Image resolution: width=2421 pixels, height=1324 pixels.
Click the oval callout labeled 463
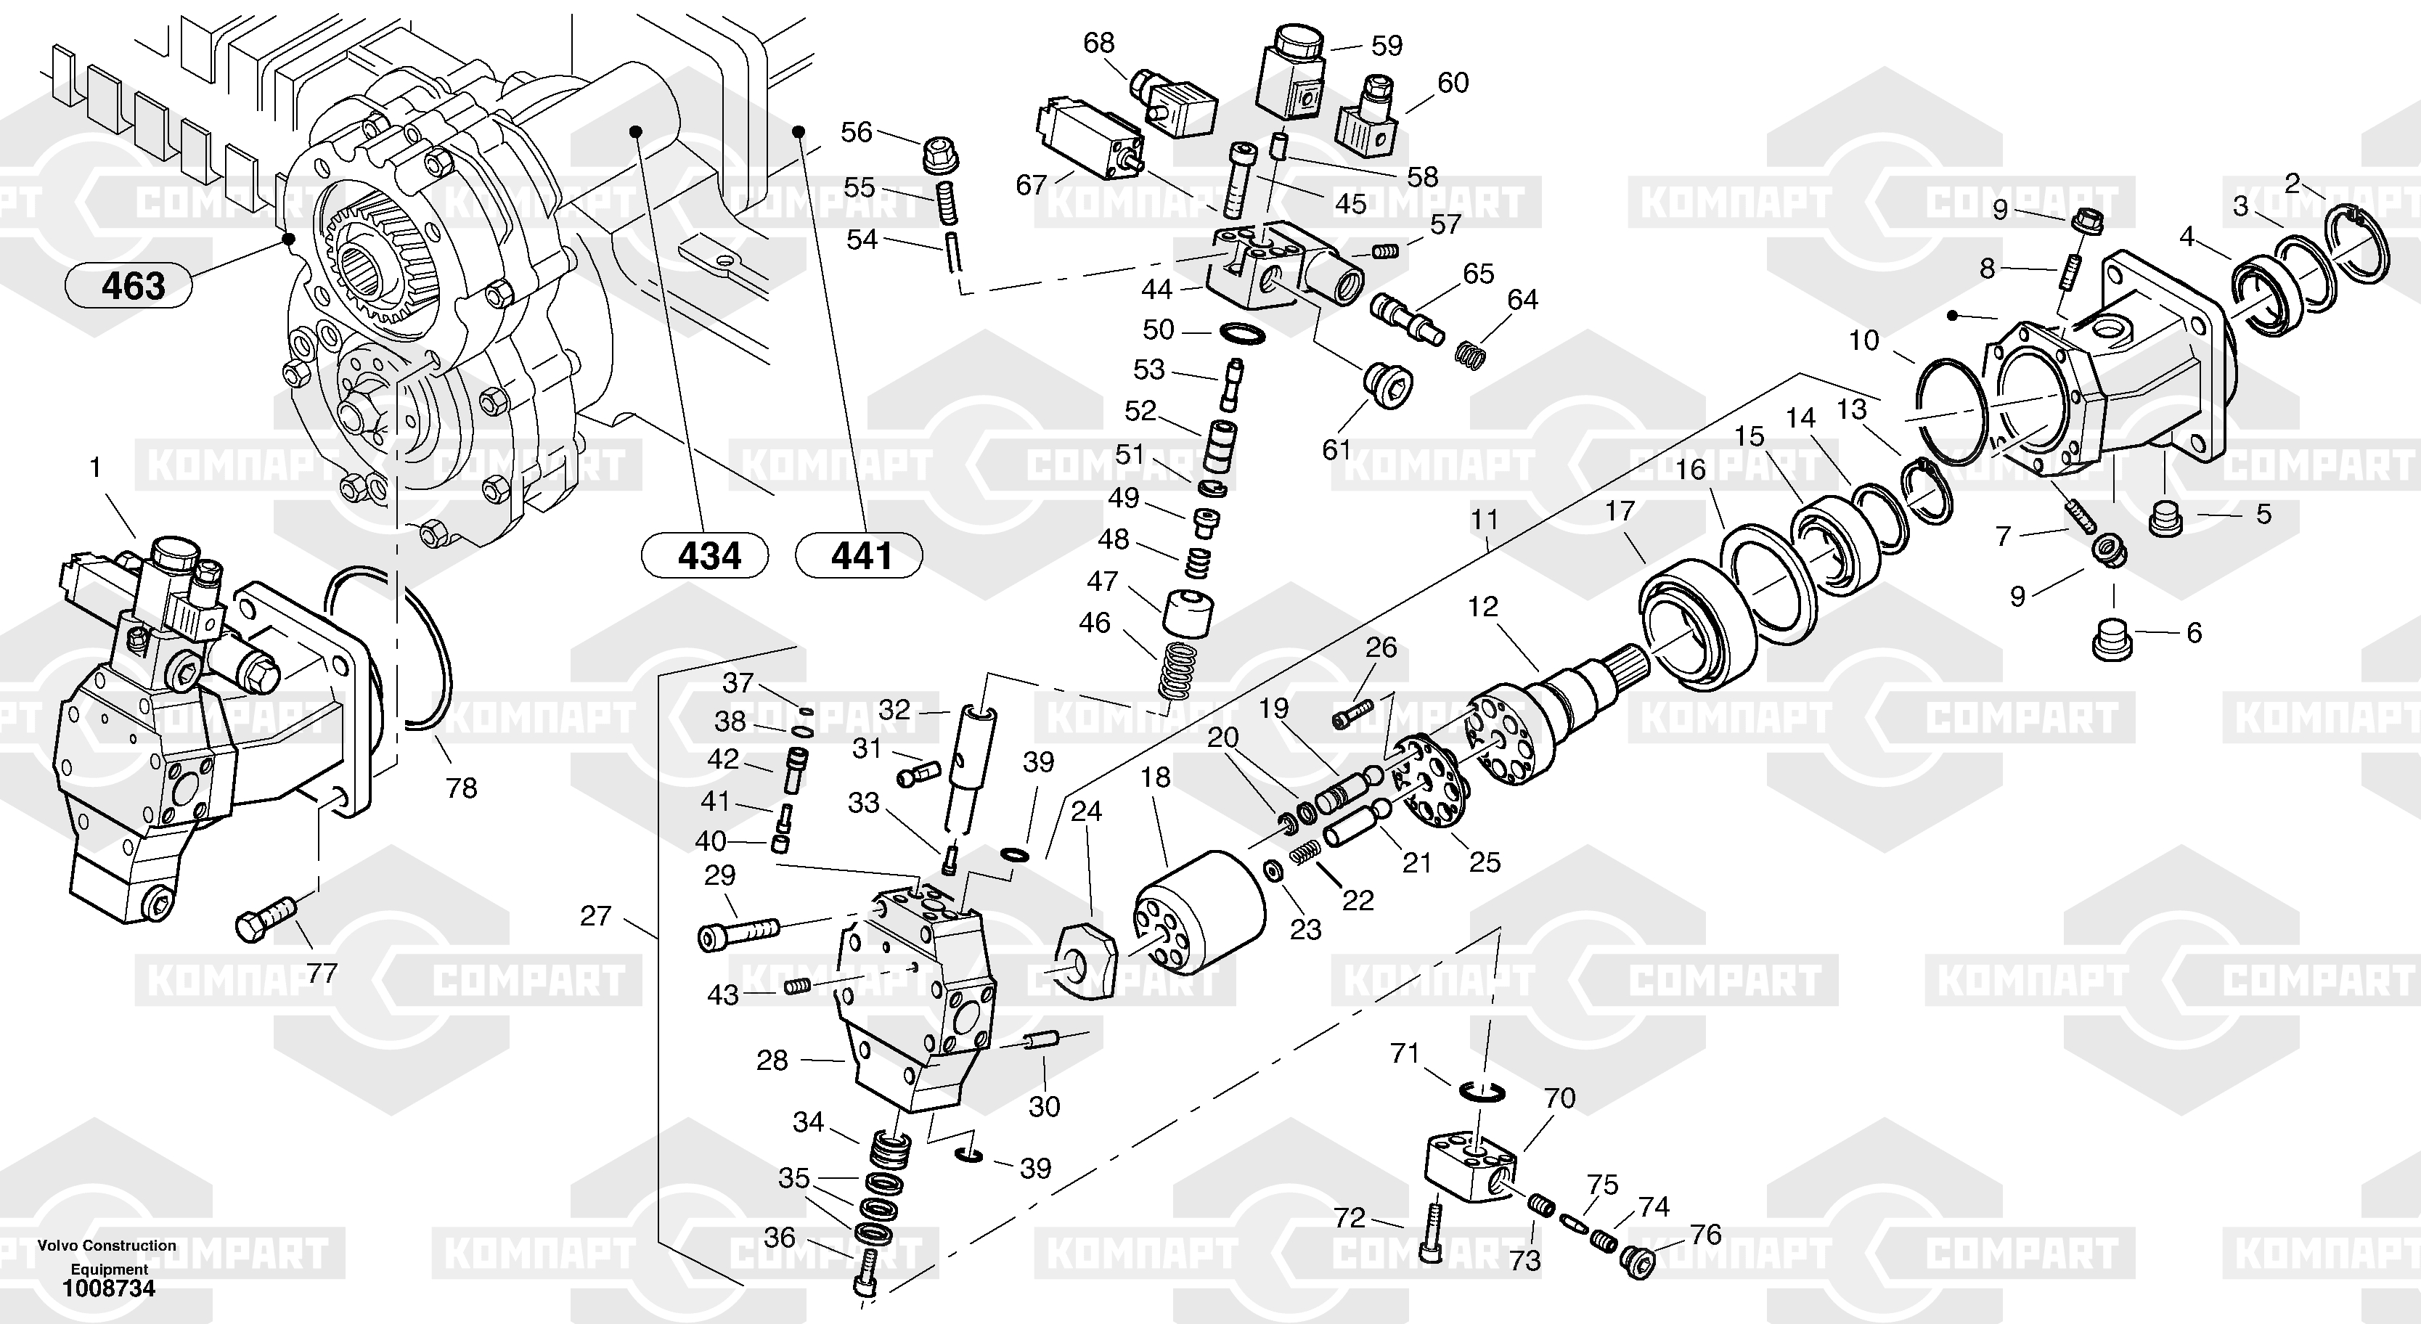coord(128,285)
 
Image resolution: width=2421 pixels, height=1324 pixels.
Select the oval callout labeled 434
coord(704,555)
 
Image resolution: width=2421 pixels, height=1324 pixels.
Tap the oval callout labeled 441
coord(858,555)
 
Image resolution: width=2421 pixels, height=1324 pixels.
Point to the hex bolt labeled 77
coord(264,918)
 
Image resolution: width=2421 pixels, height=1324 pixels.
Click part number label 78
coord(462,788)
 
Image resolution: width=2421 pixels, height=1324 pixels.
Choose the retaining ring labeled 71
coord(1483,1092)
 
